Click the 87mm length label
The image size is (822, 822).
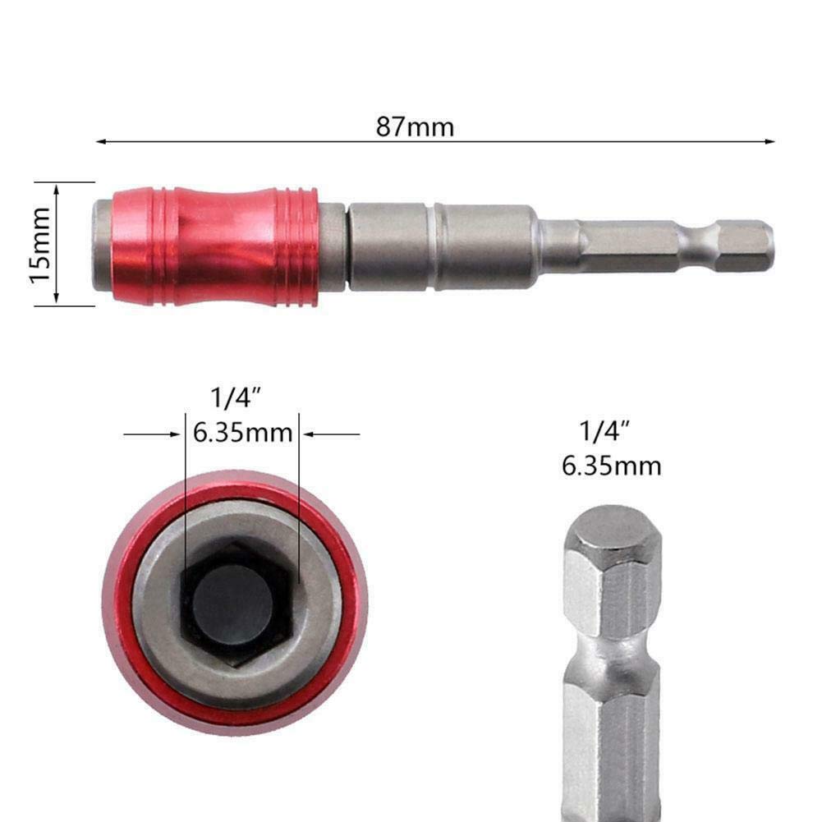pyautogui.click(x=415, y=126)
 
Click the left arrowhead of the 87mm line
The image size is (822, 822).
pyautogui.click(x=102, y=141)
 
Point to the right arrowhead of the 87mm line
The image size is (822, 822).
pyautogui.click(x=769, y=141)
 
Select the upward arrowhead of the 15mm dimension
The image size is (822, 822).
pyautogui.click(x=57, y=189)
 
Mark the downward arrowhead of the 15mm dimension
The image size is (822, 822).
pyautogui.click(x=57, y=299)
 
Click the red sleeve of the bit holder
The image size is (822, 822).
pyautogui.click(x=215, y=246)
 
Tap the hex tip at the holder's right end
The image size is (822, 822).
pyautogui.click(x=745, y=246)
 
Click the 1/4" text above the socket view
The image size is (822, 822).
pyautogui.click(x=236, y=398)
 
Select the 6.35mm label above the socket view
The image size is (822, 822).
pyautogui.click(x=243, y=433)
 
